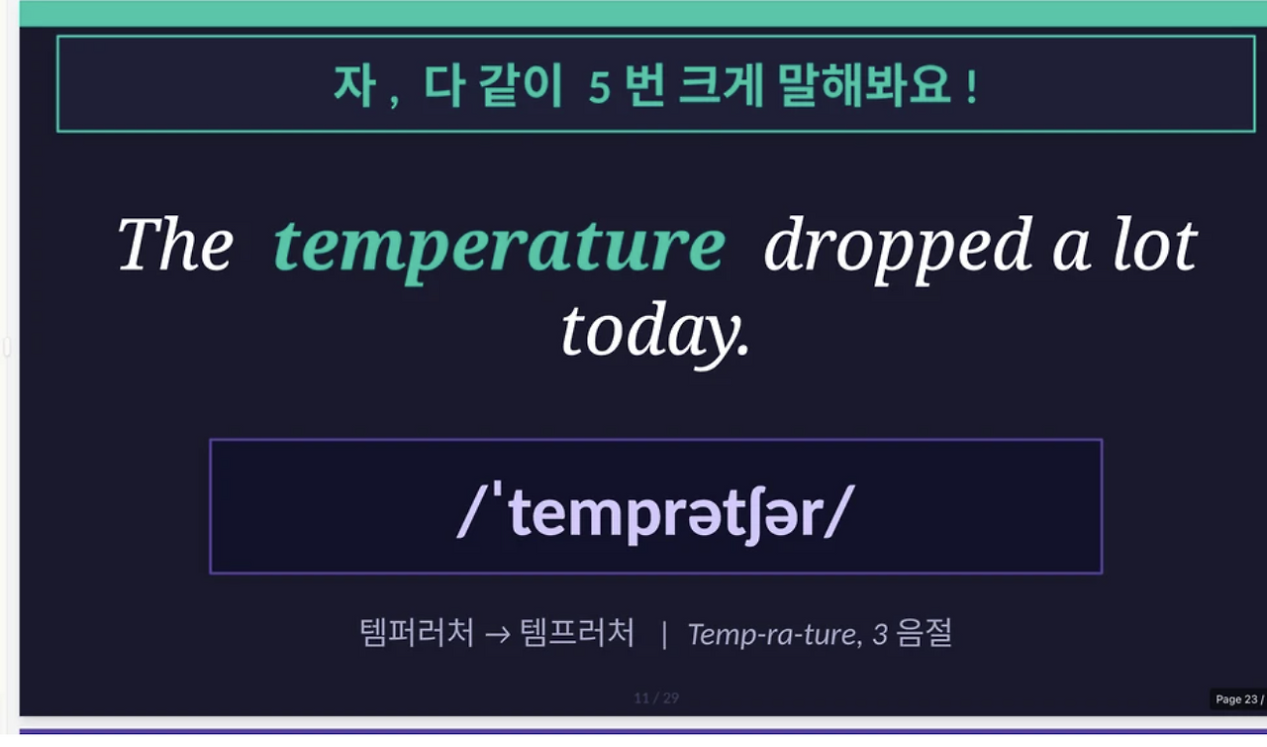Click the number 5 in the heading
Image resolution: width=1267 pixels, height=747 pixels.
(599, 87)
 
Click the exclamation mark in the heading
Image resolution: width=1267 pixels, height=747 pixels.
(971, 85)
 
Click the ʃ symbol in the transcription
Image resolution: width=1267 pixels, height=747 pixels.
(733, 514)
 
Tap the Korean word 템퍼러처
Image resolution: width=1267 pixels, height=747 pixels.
(417, 632)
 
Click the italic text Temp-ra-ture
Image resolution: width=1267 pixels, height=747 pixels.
(773, 634)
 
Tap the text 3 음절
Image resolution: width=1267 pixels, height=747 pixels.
(912, 633)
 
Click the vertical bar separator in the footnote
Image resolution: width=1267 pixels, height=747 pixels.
(664, 634)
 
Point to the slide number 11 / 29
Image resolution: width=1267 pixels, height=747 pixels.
(656, 698)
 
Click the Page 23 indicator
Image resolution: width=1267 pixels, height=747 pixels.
(1237, 699)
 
